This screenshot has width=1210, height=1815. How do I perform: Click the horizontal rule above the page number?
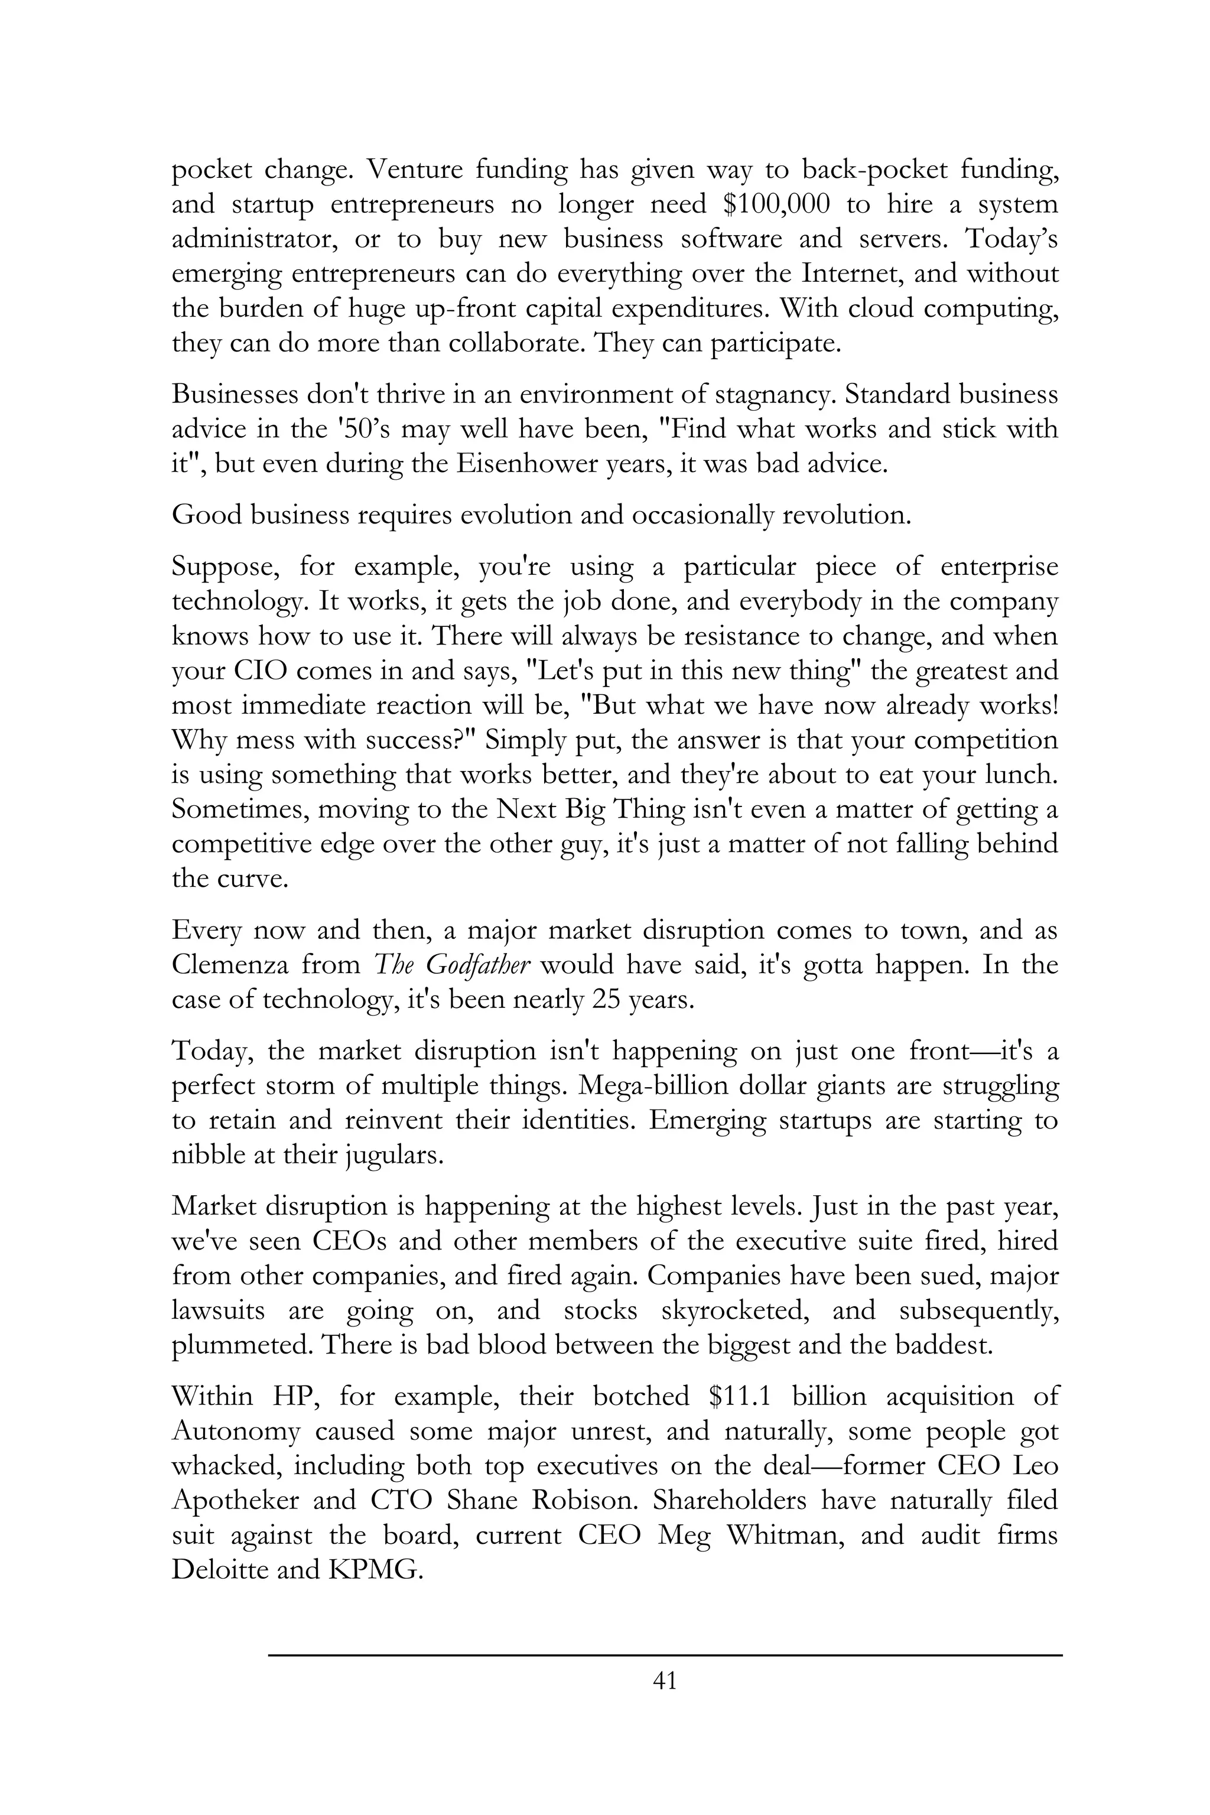665,1654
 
